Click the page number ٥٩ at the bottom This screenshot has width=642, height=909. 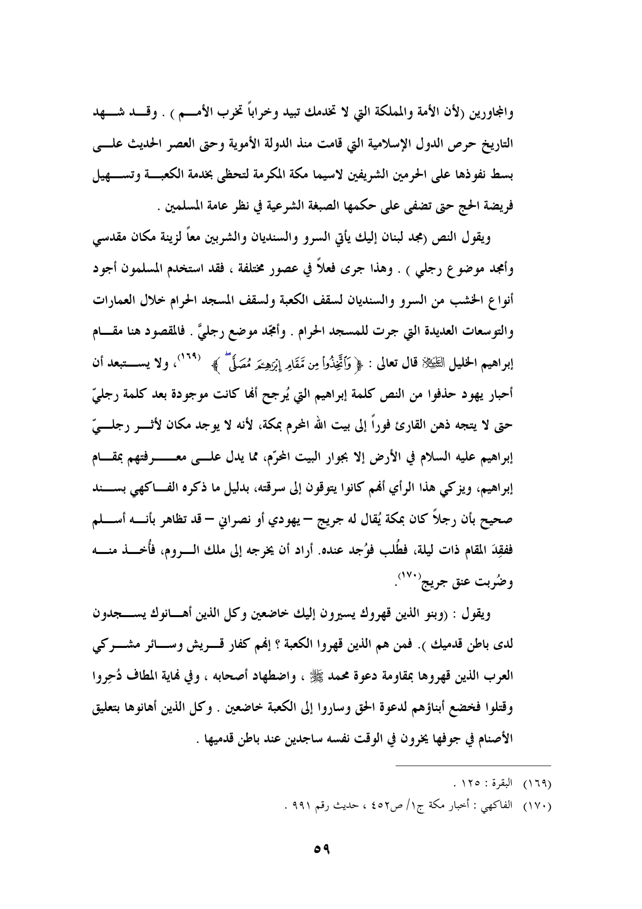(x=321, y=849)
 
